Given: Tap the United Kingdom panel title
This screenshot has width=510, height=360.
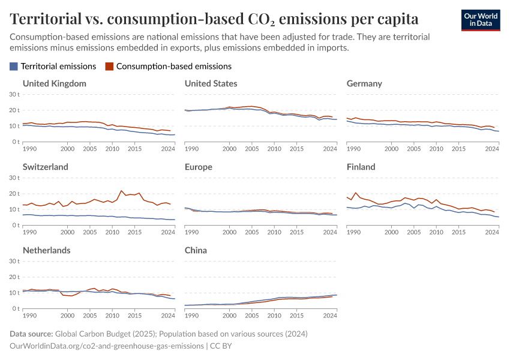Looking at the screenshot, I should point(55,83).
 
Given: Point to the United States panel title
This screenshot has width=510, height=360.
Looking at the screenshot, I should point(211,83).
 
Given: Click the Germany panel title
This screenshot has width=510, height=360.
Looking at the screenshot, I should point(364,83).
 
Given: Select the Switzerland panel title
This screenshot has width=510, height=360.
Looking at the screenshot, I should point(46,167).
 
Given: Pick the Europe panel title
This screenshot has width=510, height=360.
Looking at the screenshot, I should point(199,167).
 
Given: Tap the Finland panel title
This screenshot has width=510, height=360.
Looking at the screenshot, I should point(361,167).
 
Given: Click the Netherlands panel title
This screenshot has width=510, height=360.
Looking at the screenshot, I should point(47,250).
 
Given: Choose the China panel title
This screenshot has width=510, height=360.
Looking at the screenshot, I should point(196,250).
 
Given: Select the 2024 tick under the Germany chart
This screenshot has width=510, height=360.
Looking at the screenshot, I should point(492,148).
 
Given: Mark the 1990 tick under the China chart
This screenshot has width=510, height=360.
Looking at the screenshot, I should point(192,315).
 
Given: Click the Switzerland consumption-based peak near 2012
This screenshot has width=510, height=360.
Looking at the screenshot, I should point(121,191).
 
